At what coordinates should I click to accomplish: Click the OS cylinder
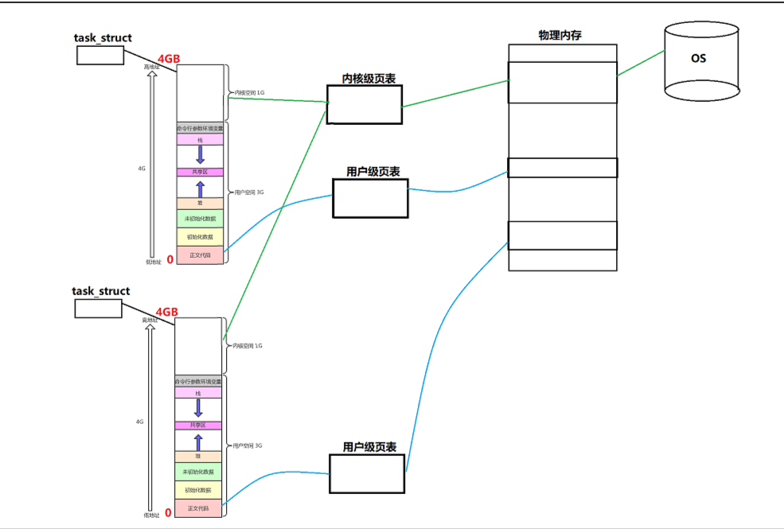696,61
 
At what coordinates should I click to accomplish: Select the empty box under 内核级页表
365,104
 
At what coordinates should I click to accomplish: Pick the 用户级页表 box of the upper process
370,198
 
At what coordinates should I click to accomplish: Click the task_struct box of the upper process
100,55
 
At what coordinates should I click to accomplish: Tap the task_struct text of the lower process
101,291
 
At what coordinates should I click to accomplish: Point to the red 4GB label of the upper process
168,58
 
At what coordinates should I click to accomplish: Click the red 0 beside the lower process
168,512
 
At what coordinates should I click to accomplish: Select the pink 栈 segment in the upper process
200,139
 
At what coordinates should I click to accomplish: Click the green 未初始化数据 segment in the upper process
200,219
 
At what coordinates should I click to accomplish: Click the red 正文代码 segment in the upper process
200,255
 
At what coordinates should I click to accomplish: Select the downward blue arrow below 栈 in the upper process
200,154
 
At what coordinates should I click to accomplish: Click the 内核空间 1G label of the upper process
249,93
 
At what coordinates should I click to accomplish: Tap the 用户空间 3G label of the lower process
247,445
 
